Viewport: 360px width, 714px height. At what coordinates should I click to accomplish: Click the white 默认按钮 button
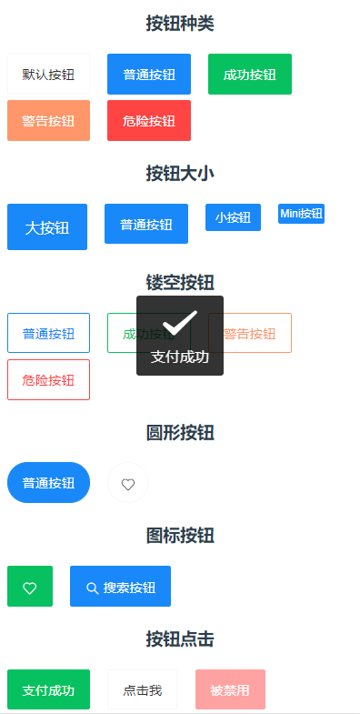point(48,75)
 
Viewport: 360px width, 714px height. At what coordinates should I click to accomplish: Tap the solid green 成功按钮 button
point(249,75)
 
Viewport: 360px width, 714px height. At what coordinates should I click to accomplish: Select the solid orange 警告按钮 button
point(48,121)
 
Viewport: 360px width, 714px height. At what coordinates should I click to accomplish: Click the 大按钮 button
point(47,226)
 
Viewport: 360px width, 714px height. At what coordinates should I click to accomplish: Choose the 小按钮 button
point(233,217)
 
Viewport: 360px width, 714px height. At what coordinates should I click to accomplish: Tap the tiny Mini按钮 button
point(301,214)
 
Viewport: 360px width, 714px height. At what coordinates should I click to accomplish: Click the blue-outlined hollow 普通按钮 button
point(48,333)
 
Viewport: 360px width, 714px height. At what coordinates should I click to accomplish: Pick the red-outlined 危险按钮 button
point(48,380)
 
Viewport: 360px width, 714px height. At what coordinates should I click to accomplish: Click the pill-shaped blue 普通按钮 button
point(48,483)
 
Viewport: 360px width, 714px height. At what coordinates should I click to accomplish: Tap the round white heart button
point(128,484)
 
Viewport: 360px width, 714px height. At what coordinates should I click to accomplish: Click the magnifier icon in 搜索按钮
point(92,588)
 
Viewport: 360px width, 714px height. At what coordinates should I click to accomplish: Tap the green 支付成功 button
point(48,689)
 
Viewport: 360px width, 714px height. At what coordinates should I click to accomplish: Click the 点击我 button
point(142,689)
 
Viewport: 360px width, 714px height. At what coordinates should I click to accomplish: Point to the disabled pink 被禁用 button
point(230,689)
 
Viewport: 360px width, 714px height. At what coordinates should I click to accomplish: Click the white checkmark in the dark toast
point(180,323)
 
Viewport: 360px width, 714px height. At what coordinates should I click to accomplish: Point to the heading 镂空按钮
point(180,282)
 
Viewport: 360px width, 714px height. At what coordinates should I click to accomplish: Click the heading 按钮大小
point(180,173)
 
